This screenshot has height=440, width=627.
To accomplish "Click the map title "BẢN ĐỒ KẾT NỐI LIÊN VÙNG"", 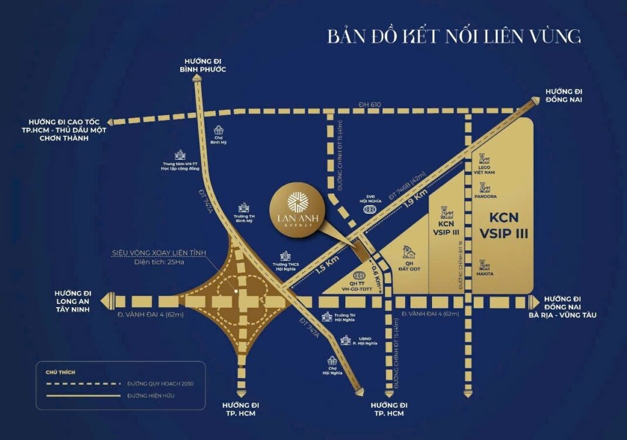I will [454, 36].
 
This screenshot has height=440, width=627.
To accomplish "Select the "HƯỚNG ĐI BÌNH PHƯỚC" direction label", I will [203, 65].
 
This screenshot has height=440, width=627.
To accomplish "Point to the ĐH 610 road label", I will [370, 105].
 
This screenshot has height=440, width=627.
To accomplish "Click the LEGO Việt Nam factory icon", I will [485, 160].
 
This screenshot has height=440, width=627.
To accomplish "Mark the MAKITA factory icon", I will [485, 266].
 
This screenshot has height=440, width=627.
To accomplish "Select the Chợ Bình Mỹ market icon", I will [218, 130].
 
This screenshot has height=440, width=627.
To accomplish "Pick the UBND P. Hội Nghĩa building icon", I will [346, 340].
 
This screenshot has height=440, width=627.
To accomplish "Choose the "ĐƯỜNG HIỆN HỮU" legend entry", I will [150, 395].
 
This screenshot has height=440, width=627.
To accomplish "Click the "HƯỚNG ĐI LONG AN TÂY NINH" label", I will [73, 301].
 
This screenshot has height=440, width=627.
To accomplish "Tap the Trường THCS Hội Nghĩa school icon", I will [285, 257].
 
